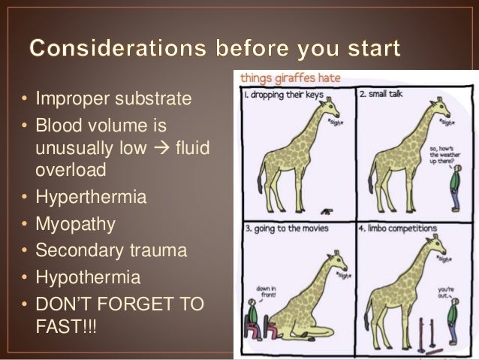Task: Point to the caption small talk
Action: tap(387, 96)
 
